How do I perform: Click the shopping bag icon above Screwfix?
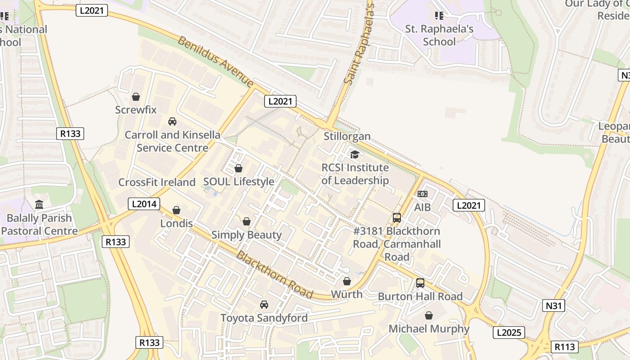pos(135,97)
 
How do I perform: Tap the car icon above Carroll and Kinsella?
pos(172,121)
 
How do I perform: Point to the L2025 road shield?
pos(509,333)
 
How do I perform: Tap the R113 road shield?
pos(564,347)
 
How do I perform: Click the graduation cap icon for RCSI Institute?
pos(355,154)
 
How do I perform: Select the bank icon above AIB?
pos(422,194)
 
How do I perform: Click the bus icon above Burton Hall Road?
pos(420,283)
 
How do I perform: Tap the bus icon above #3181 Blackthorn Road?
pos(396,218)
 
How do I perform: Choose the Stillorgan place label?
pos(347,136)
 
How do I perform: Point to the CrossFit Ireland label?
pos(157,182)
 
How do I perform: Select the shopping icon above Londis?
pos(176,210)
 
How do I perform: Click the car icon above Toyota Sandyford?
pos(264,305)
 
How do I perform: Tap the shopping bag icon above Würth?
pos(346,281)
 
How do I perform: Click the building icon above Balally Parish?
pos(39,205)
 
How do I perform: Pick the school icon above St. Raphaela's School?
pos(439,16)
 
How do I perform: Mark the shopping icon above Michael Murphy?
pos(429,315)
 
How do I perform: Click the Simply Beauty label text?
pos(246,235)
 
